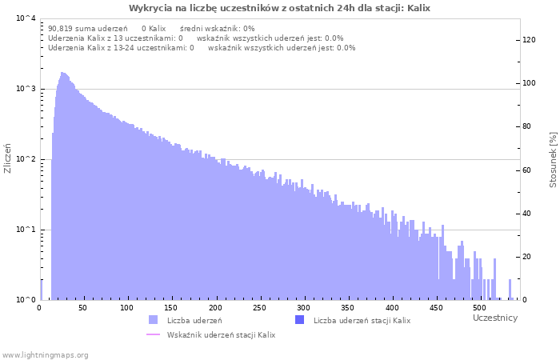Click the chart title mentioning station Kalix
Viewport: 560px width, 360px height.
[279, 8]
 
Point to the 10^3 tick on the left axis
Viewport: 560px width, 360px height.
[26, 88]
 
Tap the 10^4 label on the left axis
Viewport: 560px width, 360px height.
[26, 18]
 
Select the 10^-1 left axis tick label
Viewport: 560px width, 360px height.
[26, 230]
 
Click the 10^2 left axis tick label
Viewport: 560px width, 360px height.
[26, 159]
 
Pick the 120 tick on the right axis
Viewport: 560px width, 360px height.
[529, 40]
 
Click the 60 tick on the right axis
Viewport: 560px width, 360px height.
[526, 170]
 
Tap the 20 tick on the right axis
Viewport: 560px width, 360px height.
[526, 257]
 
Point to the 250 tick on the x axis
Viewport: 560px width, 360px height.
[259, 308]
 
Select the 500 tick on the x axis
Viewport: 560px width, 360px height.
[480, 308]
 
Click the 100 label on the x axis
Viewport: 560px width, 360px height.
[126, 308]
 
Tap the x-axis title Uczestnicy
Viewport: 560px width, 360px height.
[495, 318]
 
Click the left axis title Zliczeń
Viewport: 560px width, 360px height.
[7, 158]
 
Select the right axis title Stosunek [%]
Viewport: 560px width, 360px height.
[554, 160]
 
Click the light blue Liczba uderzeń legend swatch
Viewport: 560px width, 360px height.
[153, 320]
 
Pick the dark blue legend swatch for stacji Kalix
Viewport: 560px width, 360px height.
[300, 320]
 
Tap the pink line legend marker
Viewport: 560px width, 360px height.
[154, 334]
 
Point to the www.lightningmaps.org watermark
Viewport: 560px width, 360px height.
[45, 355]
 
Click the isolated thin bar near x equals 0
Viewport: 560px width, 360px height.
[42, 290]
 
